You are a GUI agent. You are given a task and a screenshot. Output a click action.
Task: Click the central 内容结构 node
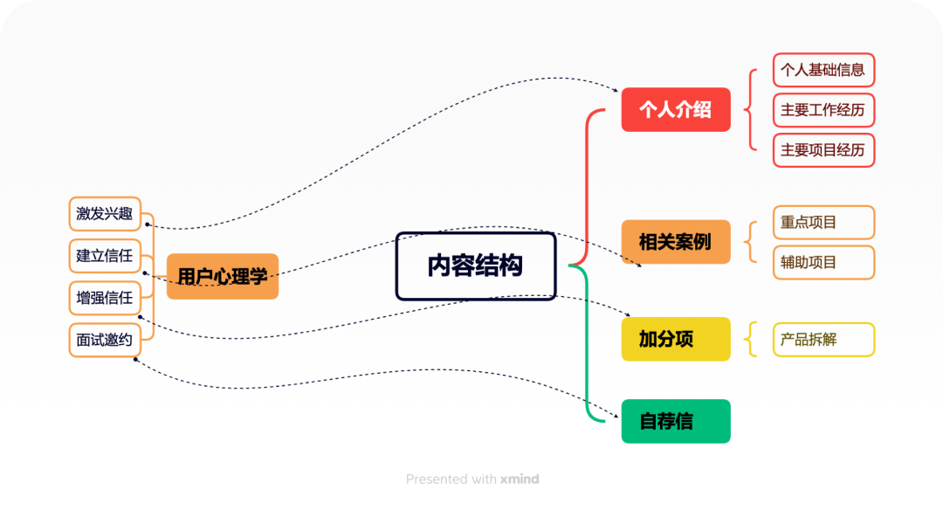coord(476,266)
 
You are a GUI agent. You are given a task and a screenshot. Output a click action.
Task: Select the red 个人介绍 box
coord(676,110)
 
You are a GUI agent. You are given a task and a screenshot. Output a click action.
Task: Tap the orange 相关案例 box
coord(676,242)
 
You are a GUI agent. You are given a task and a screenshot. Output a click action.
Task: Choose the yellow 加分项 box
coord(676,339)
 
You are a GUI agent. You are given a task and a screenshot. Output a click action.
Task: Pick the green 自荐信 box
coord(676,421)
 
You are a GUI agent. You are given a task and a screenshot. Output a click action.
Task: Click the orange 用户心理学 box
coord(223,277)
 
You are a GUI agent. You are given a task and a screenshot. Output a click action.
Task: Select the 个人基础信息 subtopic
coord(823,70)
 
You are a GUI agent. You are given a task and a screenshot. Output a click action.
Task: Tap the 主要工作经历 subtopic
coord(823,110)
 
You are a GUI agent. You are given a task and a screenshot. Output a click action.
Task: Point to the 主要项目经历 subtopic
coord(823,150)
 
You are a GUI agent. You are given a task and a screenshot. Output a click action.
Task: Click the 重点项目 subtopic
coord(823,222)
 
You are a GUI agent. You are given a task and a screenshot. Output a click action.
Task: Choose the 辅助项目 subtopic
coord(823,262)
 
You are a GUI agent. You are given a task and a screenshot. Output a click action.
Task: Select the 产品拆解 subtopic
coord(823,339)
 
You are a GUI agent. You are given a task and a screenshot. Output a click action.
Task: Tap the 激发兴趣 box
coord(105,214)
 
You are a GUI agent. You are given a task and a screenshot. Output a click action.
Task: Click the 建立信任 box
coord(105,256)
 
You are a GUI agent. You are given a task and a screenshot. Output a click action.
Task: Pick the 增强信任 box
coord(105,298)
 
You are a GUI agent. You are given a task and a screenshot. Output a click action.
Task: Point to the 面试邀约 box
coord(105,340)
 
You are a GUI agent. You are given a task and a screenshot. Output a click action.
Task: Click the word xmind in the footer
coord(520,479)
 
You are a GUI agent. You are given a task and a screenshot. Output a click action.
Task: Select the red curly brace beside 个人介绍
coord(749,110)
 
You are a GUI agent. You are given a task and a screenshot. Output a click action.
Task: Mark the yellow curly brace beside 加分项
coord(751,339)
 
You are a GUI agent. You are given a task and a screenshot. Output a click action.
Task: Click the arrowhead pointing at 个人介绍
coord(616,91)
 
